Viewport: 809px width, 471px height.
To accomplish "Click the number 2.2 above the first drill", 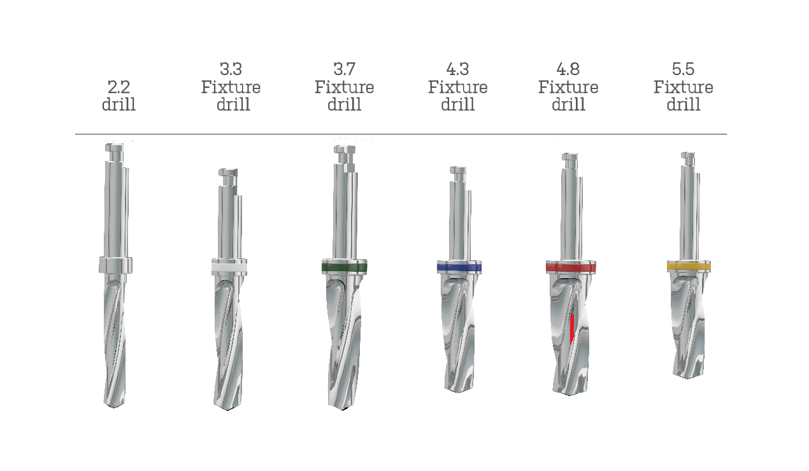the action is click(x=119, y=87).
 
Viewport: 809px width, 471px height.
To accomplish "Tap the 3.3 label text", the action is click(x=231, y=69).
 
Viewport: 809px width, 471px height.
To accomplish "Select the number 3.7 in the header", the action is click(x=344, y=69).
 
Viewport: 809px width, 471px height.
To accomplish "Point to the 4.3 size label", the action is click(x=457, y=69).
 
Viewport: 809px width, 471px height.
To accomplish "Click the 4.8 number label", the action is click(x=568, y=69).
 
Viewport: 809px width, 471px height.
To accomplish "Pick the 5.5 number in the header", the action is click(x=683, y=69).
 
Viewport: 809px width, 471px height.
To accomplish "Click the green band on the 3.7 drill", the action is click(x=344, y=267).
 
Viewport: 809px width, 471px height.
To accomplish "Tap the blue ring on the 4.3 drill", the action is click(x=459, y=268).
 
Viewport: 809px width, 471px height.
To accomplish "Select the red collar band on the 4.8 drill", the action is click(x=571, y=268).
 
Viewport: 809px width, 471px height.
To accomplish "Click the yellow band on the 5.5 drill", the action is click(x=689, y=267).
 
